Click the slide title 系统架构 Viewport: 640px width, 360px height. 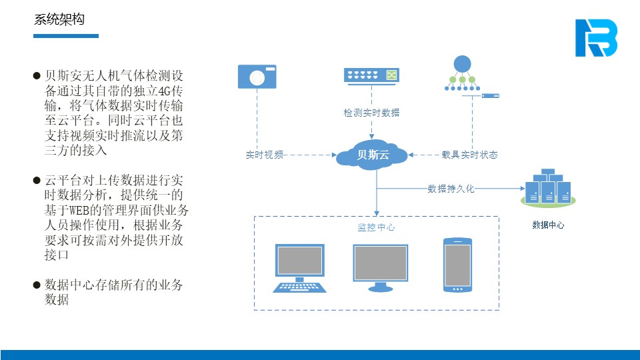(59, 19)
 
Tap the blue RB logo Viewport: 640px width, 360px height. (596, 38)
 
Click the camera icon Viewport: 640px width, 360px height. (257, 77)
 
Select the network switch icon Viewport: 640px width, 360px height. (371, 75)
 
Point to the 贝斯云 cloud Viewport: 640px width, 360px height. (371, 155)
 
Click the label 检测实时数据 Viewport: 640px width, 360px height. (371, 113)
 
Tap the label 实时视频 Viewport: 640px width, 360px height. (265, 155)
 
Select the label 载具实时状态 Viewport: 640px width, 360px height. (469, 155)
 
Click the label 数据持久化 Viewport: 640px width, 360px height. (451, 189)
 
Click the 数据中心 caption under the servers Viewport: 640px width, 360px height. (548, 225)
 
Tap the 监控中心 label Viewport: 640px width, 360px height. (376, 227)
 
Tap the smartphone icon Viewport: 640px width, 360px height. (458, 265)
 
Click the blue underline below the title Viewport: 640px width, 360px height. (66, 36)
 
